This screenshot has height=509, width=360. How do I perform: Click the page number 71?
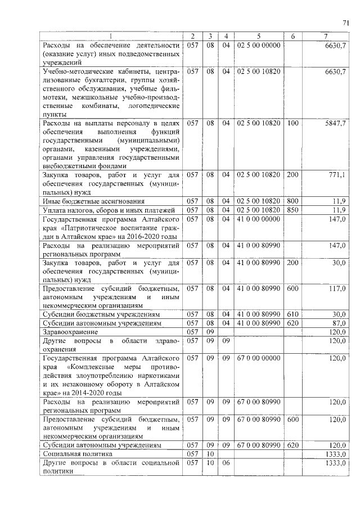pyautogui.click(x=346, y=22)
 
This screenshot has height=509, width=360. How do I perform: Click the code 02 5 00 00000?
pyautogui.click(x=259, y=45)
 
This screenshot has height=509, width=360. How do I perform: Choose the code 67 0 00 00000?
pyautogui.click(x=259, y=358)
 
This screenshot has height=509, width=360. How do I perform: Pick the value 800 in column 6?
pyautogui.click(x=292, y=201)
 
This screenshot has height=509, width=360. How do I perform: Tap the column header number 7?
pyautogui.click(x=326, y=37)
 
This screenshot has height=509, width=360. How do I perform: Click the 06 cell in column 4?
pyautogui.click(x=226, y=462)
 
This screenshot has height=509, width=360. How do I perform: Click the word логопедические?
pyautogui.click(x=152, y=105)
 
